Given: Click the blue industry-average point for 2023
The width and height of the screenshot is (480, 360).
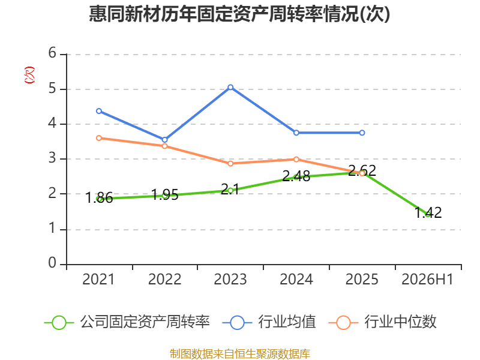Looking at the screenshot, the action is pyautogui.click(x=230, y=88).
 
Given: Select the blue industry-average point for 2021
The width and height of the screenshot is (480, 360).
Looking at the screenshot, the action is pyautogui.click(x=99, y=111).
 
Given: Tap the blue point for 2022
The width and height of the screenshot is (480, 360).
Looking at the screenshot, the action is pyautogui.click(x=164, y=140).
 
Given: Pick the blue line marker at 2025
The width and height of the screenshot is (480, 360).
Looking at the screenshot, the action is pyautogui.click(x=362, y=133).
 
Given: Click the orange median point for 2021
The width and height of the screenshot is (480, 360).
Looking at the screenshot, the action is pyautogui.click(x=99, y=139).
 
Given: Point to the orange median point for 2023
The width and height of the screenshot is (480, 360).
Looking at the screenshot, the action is pyautogui.click(x=230, y=164).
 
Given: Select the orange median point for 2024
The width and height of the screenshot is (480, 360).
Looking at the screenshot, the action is pyautogui.click(x=296, y=160).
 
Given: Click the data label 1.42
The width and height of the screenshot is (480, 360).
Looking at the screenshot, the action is pyautogui.click(x=428, y=212).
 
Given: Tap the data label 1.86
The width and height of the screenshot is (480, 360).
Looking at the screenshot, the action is pyautogui.click(x=99, y=197).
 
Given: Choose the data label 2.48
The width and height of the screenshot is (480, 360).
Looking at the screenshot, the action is pyautogui.click(x=296, y=176).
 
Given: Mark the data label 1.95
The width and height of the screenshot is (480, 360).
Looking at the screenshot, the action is pyautogui.click(x=164, y=194).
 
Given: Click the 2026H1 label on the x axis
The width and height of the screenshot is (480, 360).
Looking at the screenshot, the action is pyautogui.click(x=427, y=279).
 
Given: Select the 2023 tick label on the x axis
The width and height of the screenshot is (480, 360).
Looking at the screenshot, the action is pyautogui.click(x=230, y=279).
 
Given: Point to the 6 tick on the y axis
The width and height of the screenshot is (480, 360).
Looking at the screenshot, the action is pyautogui.click(x=52, y=53).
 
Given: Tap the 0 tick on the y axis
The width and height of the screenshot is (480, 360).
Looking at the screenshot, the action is pyautogui.click(x=52, y=263).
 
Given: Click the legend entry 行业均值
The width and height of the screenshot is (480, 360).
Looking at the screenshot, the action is pyautogui.click(x=269, y=322).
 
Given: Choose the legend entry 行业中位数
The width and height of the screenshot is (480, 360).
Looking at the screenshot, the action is pyautogui.click(x=382, y=322).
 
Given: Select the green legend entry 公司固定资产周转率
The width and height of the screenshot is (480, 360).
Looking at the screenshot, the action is pyautogui.click(x=127, y=322).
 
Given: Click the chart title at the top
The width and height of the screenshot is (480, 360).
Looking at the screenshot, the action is pyautogui.click(x=239, y=14).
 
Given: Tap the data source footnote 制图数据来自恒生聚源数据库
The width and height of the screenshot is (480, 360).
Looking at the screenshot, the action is pyautogui.click(x=239, y=354).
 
